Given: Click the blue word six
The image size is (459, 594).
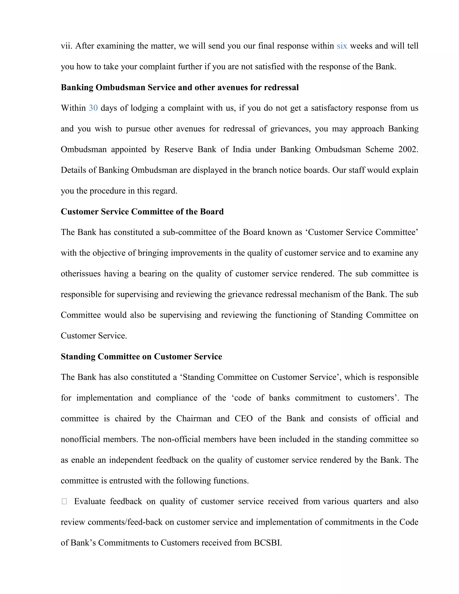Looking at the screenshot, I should coord(342,46).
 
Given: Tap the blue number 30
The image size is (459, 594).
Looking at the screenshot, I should coord(93,108).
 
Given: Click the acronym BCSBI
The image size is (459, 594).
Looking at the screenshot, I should coord(268,543).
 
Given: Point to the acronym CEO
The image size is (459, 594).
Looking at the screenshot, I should coord(244,418).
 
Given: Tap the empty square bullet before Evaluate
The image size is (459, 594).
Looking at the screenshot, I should coord(64,501).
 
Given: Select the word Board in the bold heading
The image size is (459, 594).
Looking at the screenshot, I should coord(212,212).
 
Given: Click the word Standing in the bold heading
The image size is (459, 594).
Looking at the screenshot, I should coord(78,357).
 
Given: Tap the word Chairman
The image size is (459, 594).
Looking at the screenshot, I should coord(194,418).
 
